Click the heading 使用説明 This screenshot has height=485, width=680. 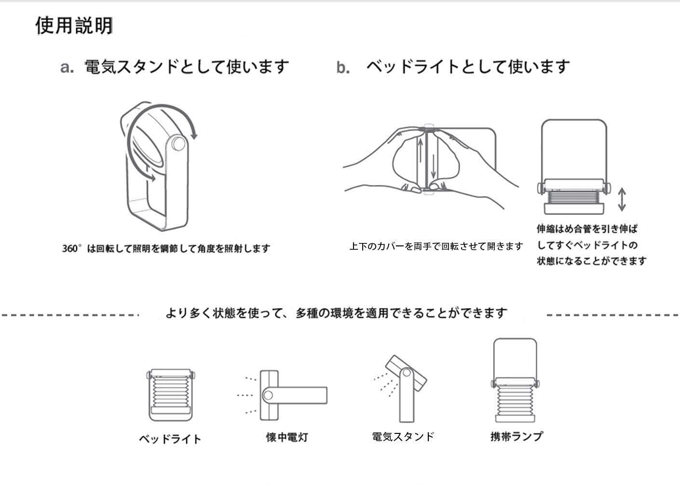(74, 26)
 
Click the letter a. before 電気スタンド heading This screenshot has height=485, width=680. (67, 67)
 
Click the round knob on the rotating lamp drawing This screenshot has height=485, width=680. (178, 144)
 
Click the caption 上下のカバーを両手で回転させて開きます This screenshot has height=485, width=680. (436, 246)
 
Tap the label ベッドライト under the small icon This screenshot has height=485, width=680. (170, 439)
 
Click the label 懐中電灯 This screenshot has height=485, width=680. (287, 437)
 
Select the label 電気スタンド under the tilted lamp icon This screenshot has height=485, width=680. (403, 437)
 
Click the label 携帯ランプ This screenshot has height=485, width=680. (517, 436)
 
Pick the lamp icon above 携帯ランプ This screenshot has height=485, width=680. (515, 381)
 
